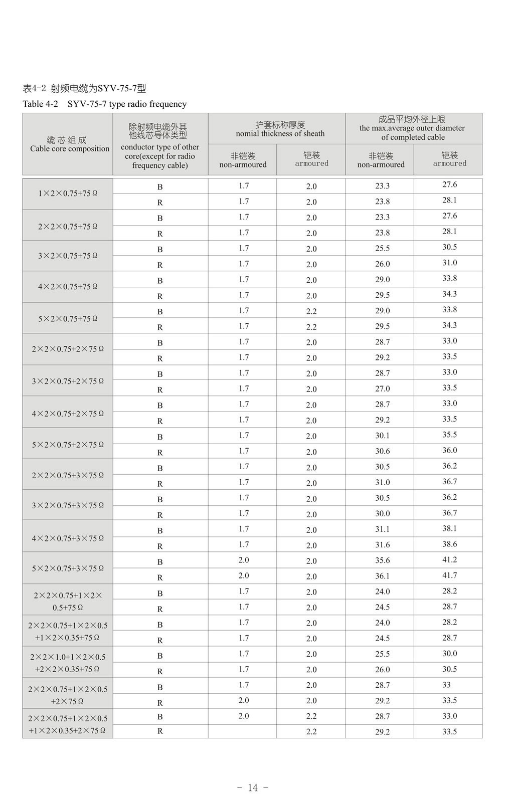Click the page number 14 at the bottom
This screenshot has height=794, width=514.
pyautogui.click(x=253, y=787)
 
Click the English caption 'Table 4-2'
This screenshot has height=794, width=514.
pyautogui.click(x=41, y=104)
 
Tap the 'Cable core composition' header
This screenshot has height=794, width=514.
pyautogui.click(x=69, y=149)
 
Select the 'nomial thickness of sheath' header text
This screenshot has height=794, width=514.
pyautogui.click(x=280, y=134)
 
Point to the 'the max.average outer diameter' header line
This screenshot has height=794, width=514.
pyautogui.click(x=412, y=128)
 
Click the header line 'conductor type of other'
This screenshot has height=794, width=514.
pyautogui.click(x=160, y=147)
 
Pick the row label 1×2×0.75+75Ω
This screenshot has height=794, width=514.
pyautogui.click(x=68, y=193)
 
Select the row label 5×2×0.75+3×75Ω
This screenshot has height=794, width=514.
pyautogui.click(x=68, y=568)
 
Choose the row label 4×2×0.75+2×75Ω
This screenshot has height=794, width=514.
pyautogui.click(x=68, y=414)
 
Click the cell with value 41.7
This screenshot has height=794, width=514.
pyautogui.click(x=449, y=575)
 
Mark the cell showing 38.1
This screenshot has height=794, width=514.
pyautogui.click(x=449, y=528)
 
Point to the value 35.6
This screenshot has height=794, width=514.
pyautogui.click(x=382, y=561)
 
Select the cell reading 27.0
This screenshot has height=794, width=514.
pyautogui.click(x=382, y=389)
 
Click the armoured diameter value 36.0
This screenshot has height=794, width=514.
pyautogui.click(x=449, y=451)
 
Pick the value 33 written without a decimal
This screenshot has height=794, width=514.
pyautogui.click(x=446, y=685)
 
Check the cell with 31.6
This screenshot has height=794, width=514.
pyautogui.click(x=382, y=545)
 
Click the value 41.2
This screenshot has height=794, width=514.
pyautogui.click(x=449, y=560)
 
